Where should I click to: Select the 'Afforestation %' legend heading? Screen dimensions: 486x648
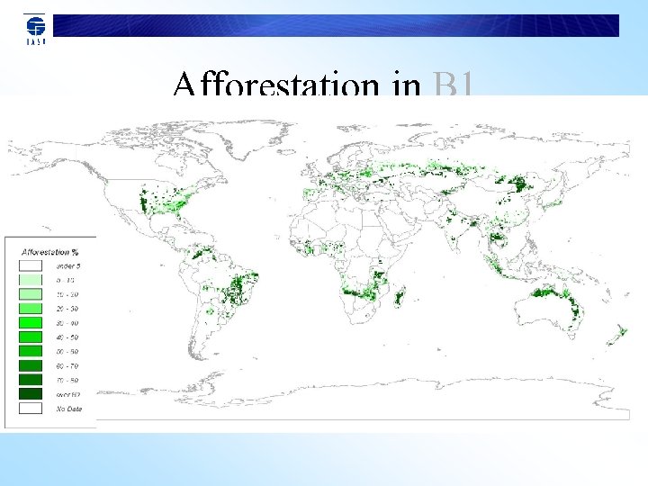point(50,252)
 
